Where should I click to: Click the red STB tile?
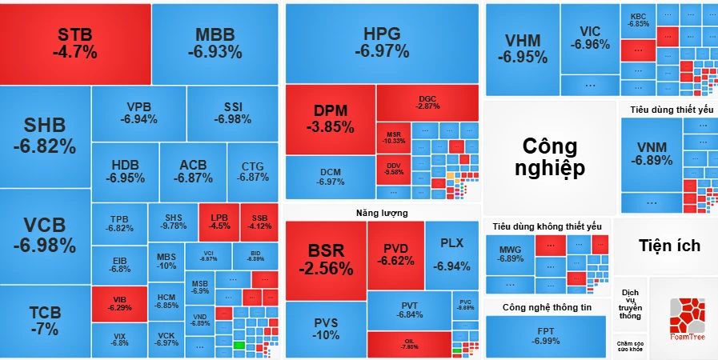tap(75, 43)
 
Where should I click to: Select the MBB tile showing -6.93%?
tap(215, 43)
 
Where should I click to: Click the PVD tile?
tap(395, 254)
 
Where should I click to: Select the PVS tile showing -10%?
tap(325, 328)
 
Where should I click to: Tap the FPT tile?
tap(545, 336)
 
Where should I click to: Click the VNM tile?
tap(651, 154)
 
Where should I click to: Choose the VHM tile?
tap(522, 49)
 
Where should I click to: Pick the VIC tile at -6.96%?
tap(590, 38)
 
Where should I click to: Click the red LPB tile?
tap(219, 222)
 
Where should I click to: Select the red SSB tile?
tap(259, 222)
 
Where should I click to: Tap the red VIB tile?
tap(119, 304)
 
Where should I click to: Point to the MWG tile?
tap(510, 254)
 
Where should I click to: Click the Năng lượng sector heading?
tap(382, 213)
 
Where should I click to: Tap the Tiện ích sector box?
tap(669, 246)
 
